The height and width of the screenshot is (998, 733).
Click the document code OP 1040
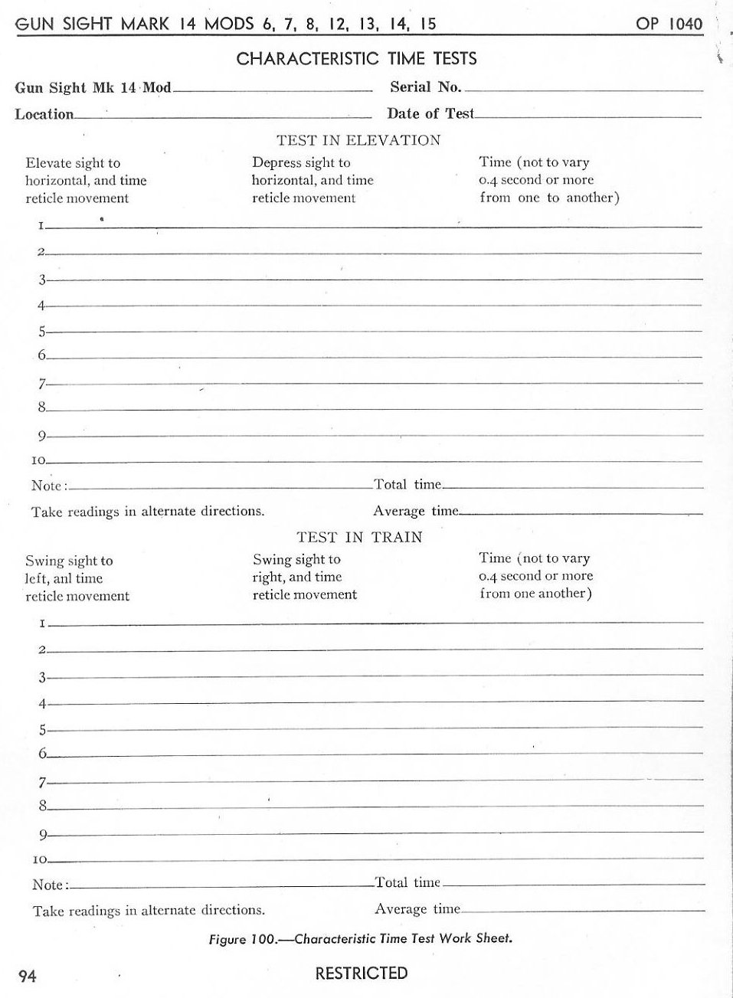pos(669,24)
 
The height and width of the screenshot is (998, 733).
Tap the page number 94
pos(28,976)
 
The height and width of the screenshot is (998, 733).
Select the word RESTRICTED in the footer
pos(362,973)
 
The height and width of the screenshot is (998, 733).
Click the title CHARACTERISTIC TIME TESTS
pos(356,58)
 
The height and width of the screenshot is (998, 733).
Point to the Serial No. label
pos(425,87)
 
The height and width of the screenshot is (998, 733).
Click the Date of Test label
pos(430,113)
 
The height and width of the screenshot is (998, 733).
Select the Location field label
pos(44,114)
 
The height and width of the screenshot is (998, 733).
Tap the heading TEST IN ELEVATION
pos(358,140)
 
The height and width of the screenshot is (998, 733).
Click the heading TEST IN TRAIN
pos(359,537)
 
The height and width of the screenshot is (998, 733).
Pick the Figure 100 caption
pos(360,938)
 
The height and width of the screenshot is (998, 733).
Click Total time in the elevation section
pos(407,484)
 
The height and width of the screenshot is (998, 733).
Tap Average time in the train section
pos(417,909)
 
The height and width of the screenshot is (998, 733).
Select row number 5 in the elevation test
pos(42,332)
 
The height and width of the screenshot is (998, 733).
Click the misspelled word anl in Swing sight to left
pos(62,578)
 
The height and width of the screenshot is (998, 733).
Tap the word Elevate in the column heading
pos(47,163)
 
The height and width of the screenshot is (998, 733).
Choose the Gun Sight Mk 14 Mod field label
pos(93,87)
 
